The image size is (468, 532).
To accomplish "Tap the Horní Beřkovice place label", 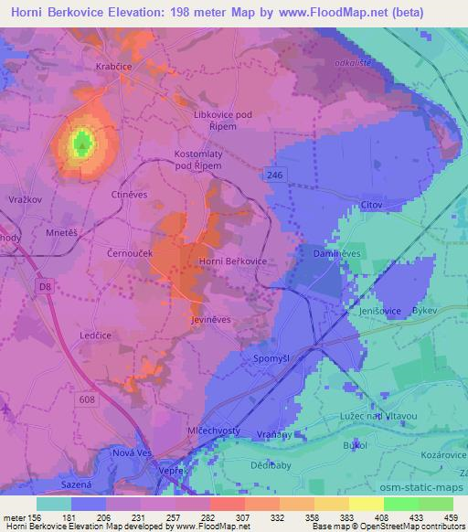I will coord(232,261).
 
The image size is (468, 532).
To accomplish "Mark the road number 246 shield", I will coord(274,172).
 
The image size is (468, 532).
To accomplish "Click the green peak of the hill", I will coord(82,142).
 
